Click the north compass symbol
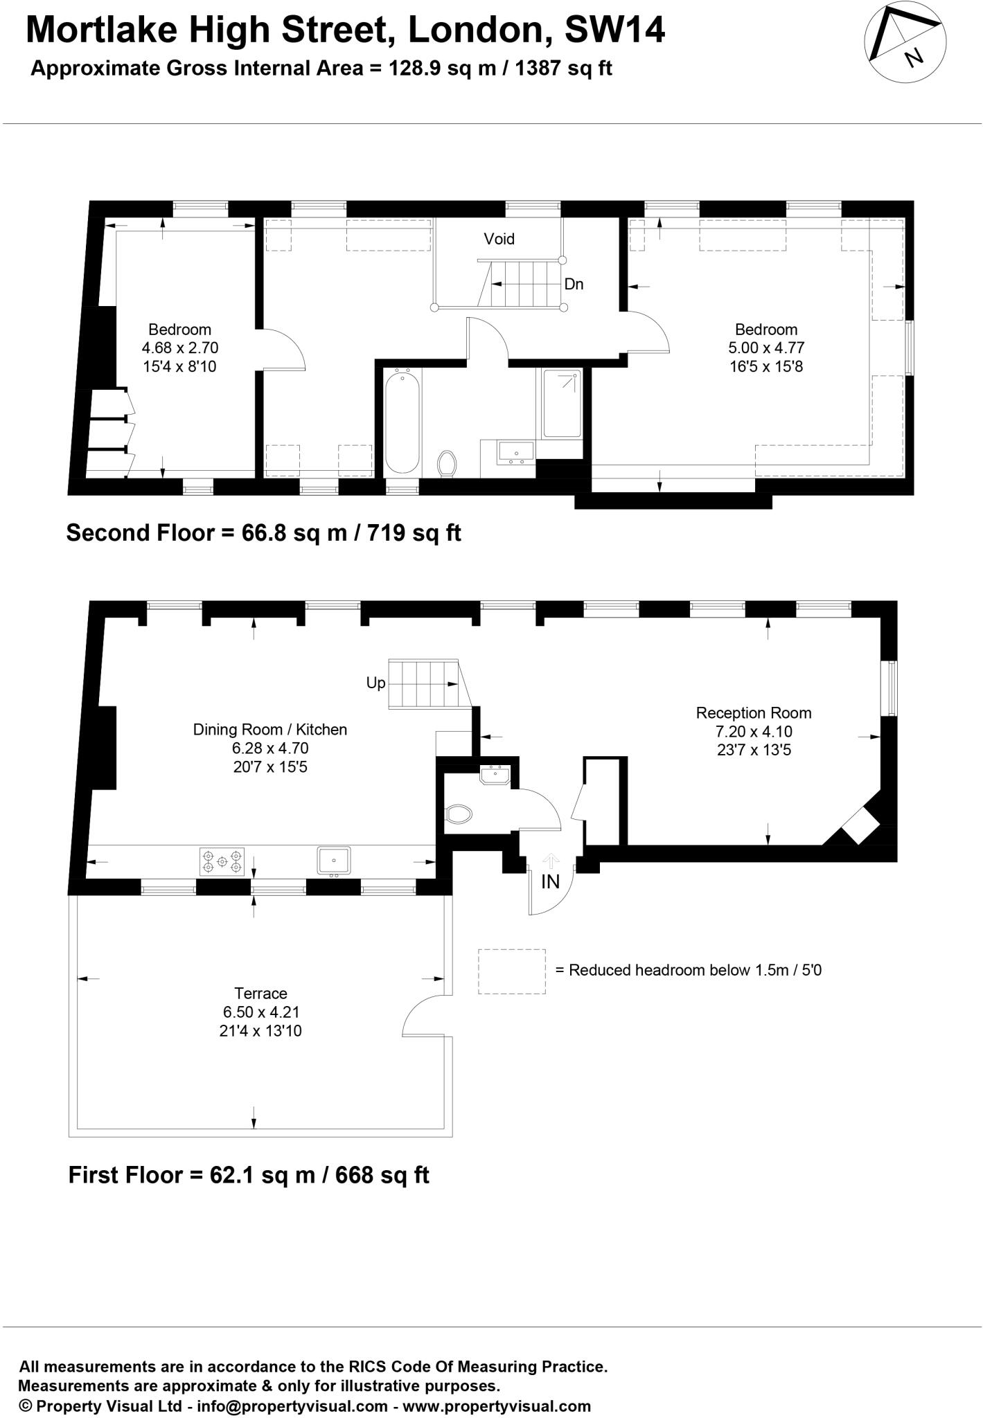pos(905,42)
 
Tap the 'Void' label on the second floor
pos(499,239)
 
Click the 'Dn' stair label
pos(574,284)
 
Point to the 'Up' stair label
pos(375,683)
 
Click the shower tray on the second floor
pos(562,403)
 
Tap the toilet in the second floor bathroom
pos(448,463)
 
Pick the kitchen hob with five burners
pos(222,862)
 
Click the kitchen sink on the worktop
pos(334,861)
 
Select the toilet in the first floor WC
pos(459,814)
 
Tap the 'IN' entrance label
pos(550,881)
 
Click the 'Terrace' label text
pos(260,994)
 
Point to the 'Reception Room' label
pos(754,713)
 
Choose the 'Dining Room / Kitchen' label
pos(270,729)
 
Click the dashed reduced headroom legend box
pos(512,971)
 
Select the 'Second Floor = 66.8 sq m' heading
pos(263,532)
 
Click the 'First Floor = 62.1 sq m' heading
pos(249,1175)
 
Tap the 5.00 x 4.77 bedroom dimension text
pos(766,348)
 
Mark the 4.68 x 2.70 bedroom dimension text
pos(180,348)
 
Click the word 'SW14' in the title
pos(615,30)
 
